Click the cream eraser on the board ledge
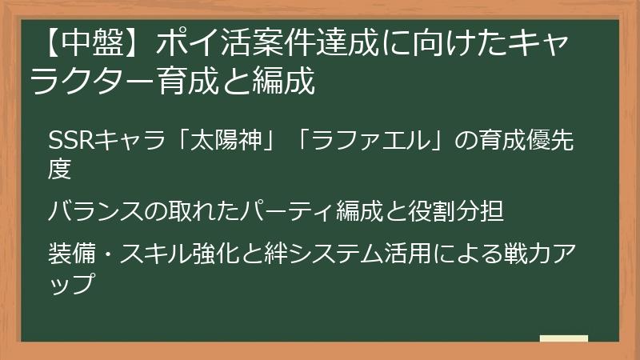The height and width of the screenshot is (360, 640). (563, 338)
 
